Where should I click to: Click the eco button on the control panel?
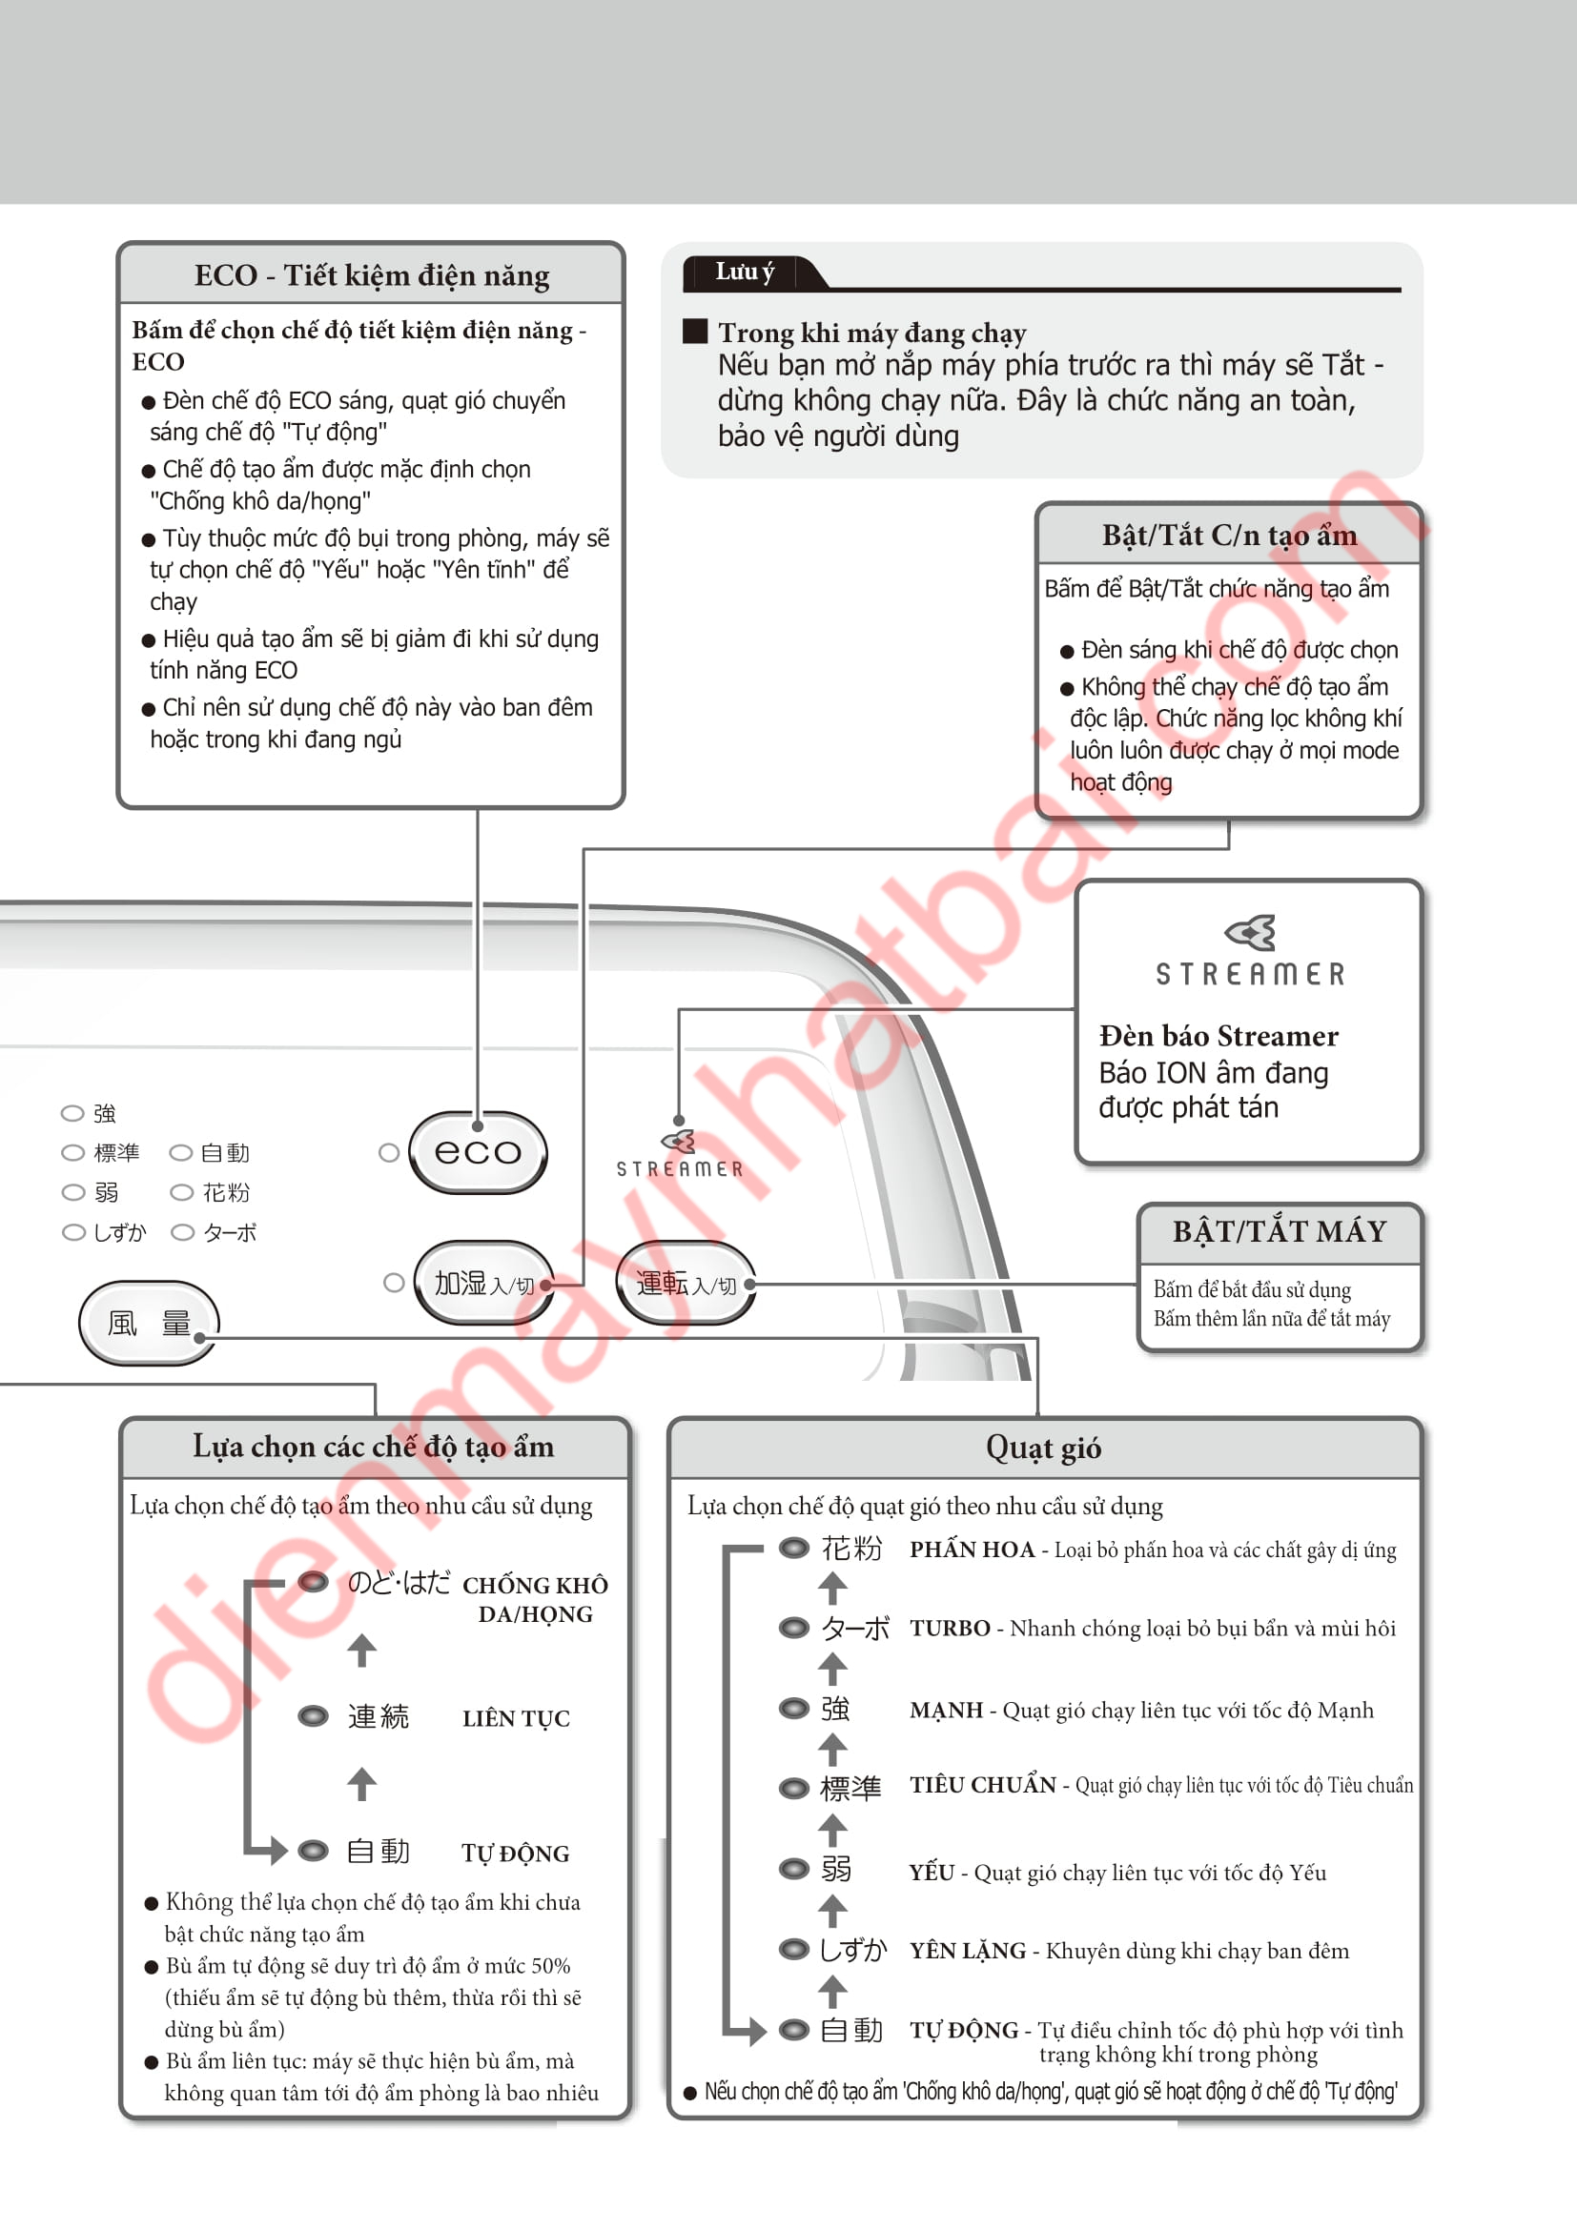[478, 1152]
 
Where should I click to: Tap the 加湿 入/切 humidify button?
[482, 1284]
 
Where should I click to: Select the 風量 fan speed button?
[149, 1323]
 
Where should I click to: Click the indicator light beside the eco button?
[389, 1152]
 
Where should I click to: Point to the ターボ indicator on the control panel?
[182, 1232]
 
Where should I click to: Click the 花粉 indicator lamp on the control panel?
[181, 1192]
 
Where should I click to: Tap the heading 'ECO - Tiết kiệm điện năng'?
[371, 275]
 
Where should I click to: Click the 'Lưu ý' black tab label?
[745, 273]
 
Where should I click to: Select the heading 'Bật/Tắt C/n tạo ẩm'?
[1228, 535]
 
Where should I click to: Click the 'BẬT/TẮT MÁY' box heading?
[1279, 1232]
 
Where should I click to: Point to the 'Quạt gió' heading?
[1043, 1448]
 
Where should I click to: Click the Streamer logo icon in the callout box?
[1250, 932]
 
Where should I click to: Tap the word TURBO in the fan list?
[949, 1628]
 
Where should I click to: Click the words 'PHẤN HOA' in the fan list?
[971, 1550]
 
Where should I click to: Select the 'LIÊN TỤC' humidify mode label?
[516, 1718]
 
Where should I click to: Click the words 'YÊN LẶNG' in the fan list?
[967, 1951]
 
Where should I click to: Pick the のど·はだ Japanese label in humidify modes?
[399, 1584]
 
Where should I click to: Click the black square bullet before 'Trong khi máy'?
[694, 331]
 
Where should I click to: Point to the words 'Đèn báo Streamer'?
[1218, 1036]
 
